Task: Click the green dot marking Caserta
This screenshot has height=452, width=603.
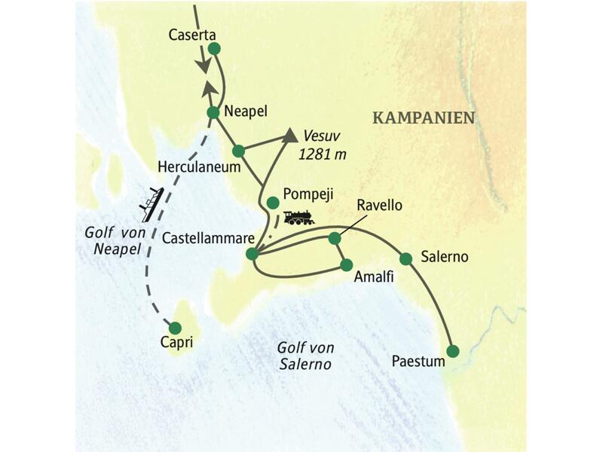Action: click(x=214, y=49)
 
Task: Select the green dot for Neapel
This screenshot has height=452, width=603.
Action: click(x=213, y=113)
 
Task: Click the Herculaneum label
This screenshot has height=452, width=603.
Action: click(x=199, y=166)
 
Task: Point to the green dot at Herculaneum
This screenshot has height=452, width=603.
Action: click(x=238, y=150)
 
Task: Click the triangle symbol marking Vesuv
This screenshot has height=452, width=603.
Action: click(x=289, y=136)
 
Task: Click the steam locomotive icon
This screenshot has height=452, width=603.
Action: click(x=298, y=218)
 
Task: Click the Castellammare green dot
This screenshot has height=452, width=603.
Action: click(x=253, y=254)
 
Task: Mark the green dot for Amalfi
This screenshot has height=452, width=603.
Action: click(x=346, y=265)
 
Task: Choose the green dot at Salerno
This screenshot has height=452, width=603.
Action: click(x=406, y=258)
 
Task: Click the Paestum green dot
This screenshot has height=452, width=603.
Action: click(x=452, y=351)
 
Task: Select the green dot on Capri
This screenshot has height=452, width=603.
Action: click(x=175, y=328)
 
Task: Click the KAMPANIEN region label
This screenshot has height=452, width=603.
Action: click(x=424, y=118)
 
